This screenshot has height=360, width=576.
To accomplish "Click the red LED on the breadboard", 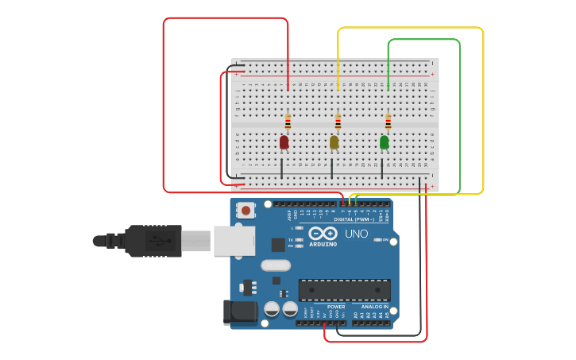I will [x=284, y=142].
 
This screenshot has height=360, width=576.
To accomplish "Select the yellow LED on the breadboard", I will [x=334, y=142].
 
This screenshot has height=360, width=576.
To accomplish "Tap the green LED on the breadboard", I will [x=385, y=142].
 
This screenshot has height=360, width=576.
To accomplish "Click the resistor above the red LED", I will [x=288, y=122].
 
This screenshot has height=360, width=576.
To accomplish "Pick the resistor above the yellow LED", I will [x=338, y=122].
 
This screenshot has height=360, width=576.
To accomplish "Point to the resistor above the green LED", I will [x=388, y=122].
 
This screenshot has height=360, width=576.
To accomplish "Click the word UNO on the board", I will [x=357, y=234].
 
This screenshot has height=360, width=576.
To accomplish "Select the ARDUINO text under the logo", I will [x=323, y=244].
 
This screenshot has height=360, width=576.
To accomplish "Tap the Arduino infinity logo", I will [x=323, y=234].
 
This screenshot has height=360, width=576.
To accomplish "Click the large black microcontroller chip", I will [x=344, y=289].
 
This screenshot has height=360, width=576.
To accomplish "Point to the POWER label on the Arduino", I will [x=336, y=307].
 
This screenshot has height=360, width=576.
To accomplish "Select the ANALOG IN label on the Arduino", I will [x=375, y=307].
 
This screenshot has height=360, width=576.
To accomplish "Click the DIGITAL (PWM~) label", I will [x=354, y=219].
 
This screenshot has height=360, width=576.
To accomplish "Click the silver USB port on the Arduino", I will [x=234, y=240].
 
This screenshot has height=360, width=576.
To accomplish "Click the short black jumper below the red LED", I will [x=281, y=168].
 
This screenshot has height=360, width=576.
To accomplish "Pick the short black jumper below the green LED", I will [x=382, y=168].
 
